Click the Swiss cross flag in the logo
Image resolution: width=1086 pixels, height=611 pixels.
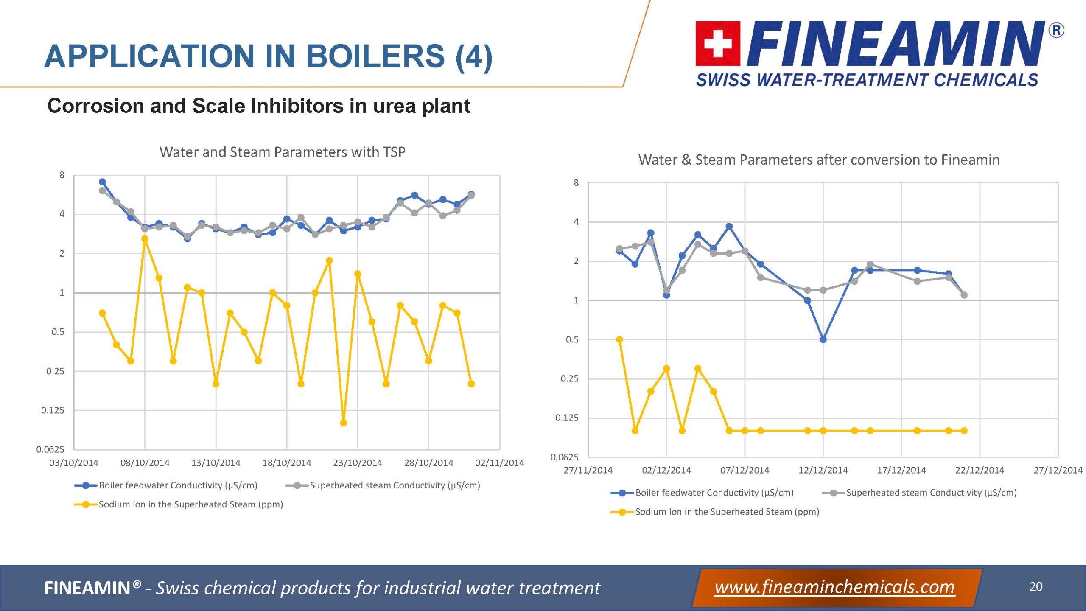tap(718, 43)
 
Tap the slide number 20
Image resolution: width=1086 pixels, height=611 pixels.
tap(1036, 586)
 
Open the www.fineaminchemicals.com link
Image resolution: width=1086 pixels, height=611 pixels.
tap(834, 587)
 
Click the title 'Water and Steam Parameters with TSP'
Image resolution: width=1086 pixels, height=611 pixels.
tap(282, 152)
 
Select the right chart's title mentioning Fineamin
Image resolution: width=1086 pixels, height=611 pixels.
tap(819, 160)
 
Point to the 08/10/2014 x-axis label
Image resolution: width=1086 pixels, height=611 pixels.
tap(145, 462)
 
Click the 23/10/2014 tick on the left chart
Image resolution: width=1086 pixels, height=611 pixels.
tap(357, 462)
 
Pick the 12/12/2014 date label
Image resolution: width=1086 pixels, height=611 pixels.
tap(823, 470)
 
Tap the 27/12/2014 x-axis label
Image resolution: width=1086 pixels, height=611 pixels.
tap(1058, 470)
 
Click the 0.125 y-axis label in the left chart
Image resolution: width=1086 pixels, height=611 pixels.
tap(53, 410)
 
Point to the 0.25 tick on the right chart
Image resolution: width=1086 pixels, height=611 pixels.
tap(569, 378)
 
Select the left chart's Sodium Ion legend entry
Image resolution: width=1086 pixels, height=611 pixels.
tap(190, 504)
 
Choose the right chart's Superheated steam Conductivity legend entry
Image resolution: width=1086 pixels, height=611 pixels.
tap(931, 493)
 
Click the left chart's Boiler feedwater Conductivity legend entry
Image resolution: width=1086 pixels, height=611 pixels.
tap(178, 485)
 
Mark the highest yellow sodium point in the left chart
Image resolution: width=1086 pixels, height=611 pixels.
tap(145, 239)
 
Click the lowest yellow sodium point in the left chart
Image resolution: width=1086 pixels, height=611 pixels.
tap(344, 423)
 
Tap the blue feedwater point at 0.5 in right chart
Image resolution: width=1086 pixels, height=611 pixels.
tap(823, 339)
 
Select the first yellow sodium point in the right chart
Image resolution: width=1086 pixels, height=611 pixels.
tap(619, 339)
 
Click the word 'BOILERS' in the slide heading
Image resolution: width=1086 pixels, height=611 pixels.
tap(375, 56)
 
